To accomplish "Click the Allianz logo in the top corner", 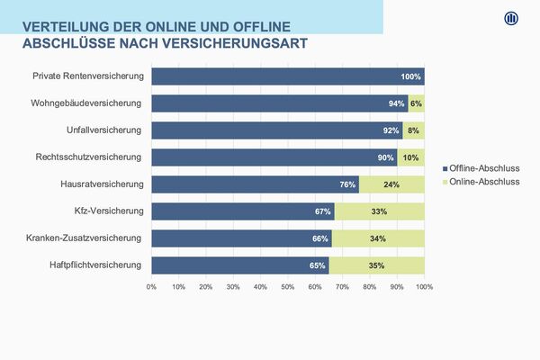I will [x=510, y=19].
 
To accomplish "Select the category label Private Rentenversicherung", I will [x=87, y=76].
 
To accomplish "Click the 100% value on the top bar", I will [x=411, y=76].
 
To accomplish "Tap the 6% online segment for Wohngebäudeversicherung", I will [x=416, y=103].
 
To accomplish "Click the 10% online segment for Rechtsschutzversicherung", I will [x=410, y=157].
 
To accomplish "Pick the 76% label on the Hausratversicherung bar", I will [x=346, y=184].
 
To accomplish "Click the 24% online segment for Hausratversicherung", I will [x=391, y=184].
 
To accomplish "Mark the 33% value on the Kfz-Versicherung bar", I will [x=379, y=211].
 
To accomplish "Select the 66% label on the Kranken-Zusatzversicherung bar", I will [x=319, y=238].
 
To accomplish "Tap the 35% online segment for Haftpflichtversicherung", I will [x=376, y=265].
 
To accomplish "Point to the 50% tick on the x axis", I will [x=288, y=286].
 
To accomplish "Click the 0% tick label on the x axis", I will [x=151, y=286].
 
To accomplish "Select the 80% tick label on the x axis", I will [x=370, y=286].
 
